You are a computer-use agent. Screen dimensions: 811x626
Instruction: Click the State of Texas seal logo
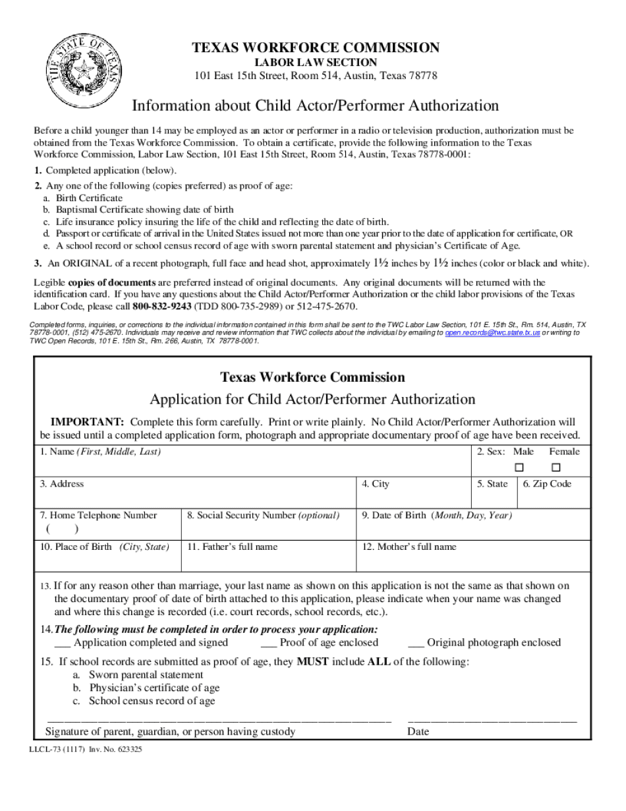[x=83, y=71]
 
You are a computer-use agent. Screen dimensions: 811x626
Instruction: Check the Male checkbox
[x=519, y=467]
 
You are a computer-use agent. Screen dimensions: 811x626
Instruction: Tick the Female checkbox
[x=556, y=467]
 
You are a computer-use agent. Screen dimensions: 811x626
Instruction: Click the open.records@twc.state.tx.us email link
[x=492, y=334]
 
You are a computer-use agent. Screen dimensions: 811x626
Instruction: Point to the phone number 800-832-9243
[x=162, y=307]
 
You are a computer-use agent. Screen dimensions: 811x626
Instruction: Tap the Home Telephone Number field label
[x=98, y=516]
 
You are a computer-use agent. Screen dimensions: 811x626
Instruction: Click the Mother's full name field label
[x=409, y=547]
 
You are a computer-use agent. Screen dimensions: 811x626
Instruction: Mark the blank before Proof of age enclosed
[x=268, y=643]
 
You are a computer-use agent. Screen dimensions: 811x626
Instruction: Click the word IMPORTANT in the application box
[x=88, y=422]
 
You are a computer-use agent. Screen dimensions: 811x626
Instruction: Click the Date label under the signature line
[x=418, y=732]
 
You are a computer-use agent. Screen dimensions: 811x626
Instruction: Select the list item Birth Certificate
[x=89, y=198]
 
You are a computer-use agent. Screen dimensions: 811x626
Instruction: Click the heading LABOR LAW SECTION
[x=316, y=63]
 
